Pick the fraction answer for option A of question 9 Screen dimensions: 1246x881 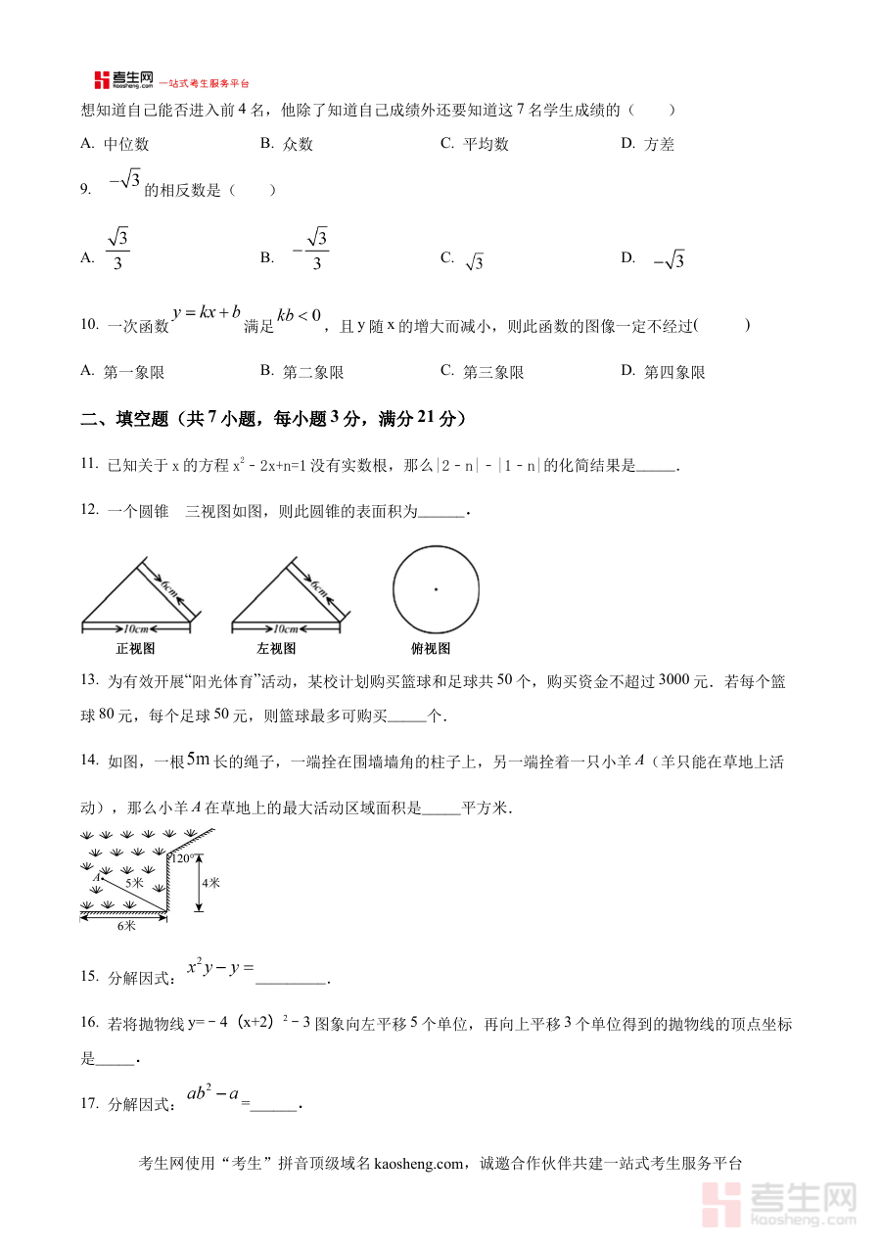pyautogui.click(x=118, y=251)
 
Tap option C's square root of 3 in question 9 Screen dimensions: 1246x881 pyautogui.click(x=474, y=261)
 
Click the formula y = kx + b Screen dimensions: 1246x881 pyautogui.click(x=207, y=312)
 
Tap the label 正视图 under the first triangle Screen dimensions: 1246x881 pyautogui.click(x=135, y=648)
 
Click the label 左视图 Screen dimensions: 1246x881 pyautogui.click(x=276, y=648)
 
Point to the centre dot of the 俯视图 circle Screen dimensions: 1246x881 pyautogui.click(x=436, y=588)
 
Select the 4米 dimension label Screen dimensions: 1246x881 pyautogui.click(x=209, y=882)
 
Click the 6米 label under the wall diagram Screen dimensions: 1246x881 pyautogui.click(x=126, y=925)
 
